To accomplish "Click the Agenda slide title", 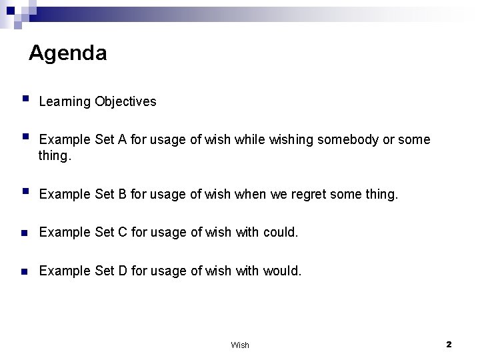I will [67, 53].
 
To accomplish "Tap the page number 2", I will [449, 344].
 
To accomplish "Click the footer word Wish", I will [240, 345].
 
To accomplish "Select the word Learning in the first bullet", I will [65, 102].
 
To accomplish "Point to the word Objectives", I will [125, 102].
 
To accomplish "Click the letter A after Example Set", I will [121, 140].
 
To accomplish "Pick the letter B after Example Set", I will [121, 195].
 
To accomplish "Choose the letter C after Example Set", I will [122, 233].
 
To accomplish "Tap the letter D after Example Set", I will [122, 271].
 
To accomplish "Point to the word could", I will [281, 233].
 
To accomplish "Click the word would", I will [283, 271].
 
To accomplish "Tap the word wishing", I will [291, 140].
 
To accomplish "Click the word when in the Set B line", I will [253, 195].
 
